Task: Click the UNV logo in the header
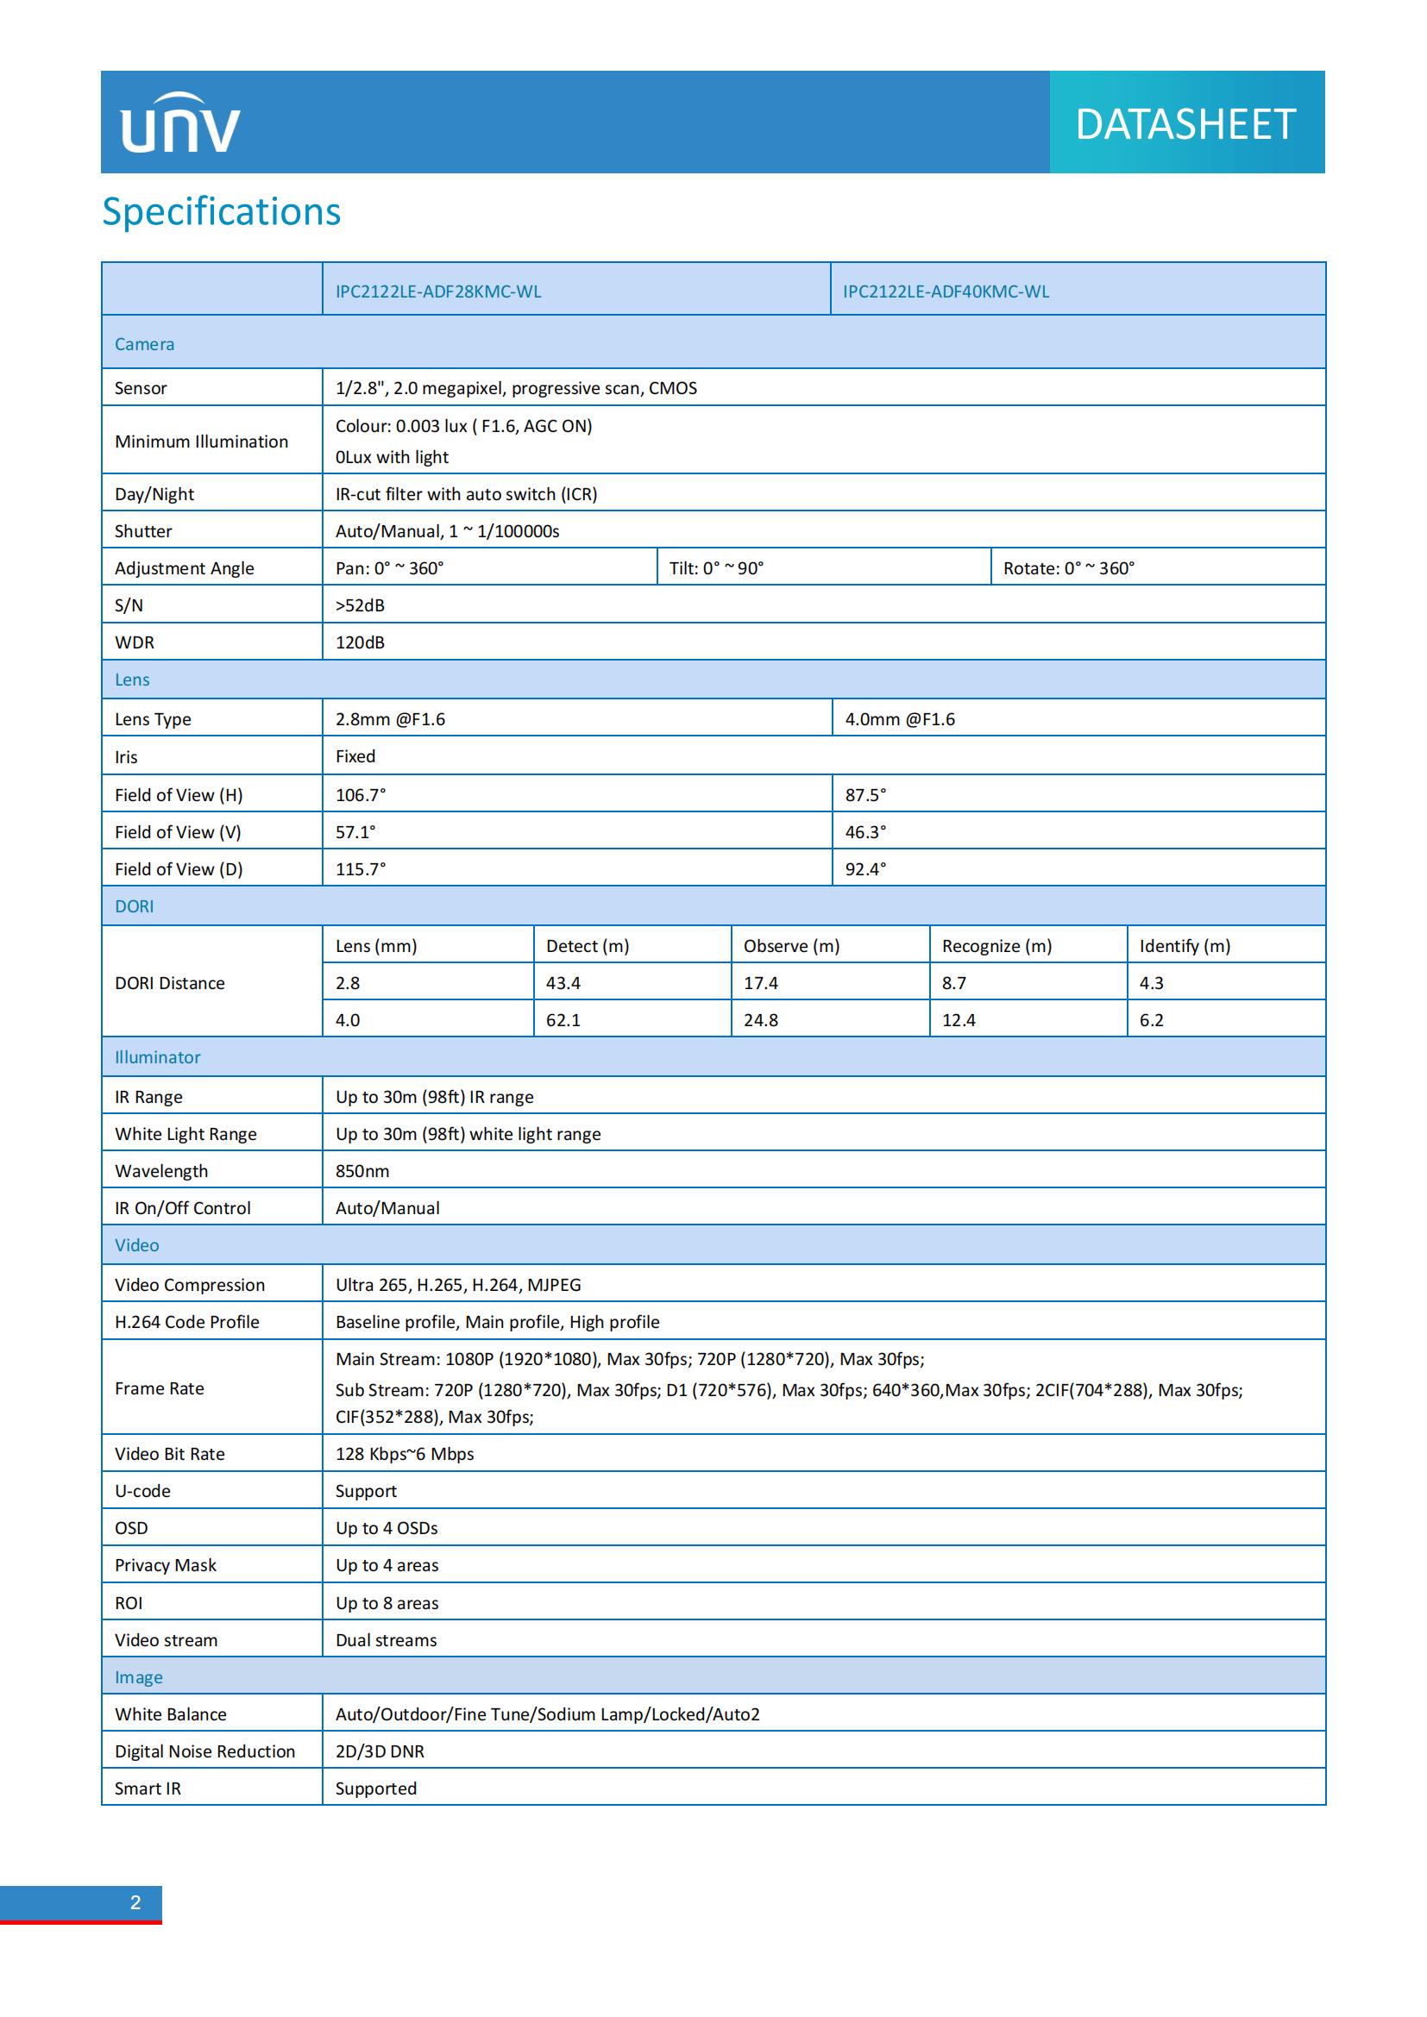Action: (x=180, y=124)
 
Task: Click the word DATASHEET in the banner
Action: (x=1185, y=124)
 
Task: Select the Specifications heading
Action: (x=222, y=212)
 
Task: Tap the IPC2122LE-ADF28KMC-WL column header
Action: (x=437, y=291)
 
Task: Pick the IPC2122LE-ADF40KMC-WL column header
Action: (x=946, y=291)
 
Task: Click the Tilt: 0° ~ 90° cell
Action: (x=716, y=568)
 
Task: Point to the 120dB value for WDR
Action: (x=361, y=642)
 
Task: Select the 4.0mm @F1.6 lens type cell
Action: (x=900, y=719)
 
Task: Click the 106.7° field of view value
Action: (x=361, y=795)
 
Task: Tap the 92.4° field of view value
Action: (x=865, y=869)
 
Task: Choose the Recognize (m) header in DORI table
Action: (x=996, y=946)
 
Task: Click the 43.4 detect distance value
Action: (x=563, y=983)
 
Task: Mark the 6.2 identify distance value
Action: (x=1151, y=1020)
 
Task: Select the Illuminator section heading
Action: (x=157, y=1058)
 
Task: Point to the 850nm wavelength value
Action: (x=362, y=1171)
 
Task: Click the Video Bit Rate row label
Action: (x=170, y=1454)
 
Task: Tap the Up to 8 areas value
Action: (x=387, y=1603)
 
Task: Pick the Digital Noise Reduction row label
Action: (x=204, y=1751)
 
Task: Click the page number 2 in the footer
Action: (x=135, y=1903)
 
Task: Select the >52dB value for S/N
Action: (x=361, y=605)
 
